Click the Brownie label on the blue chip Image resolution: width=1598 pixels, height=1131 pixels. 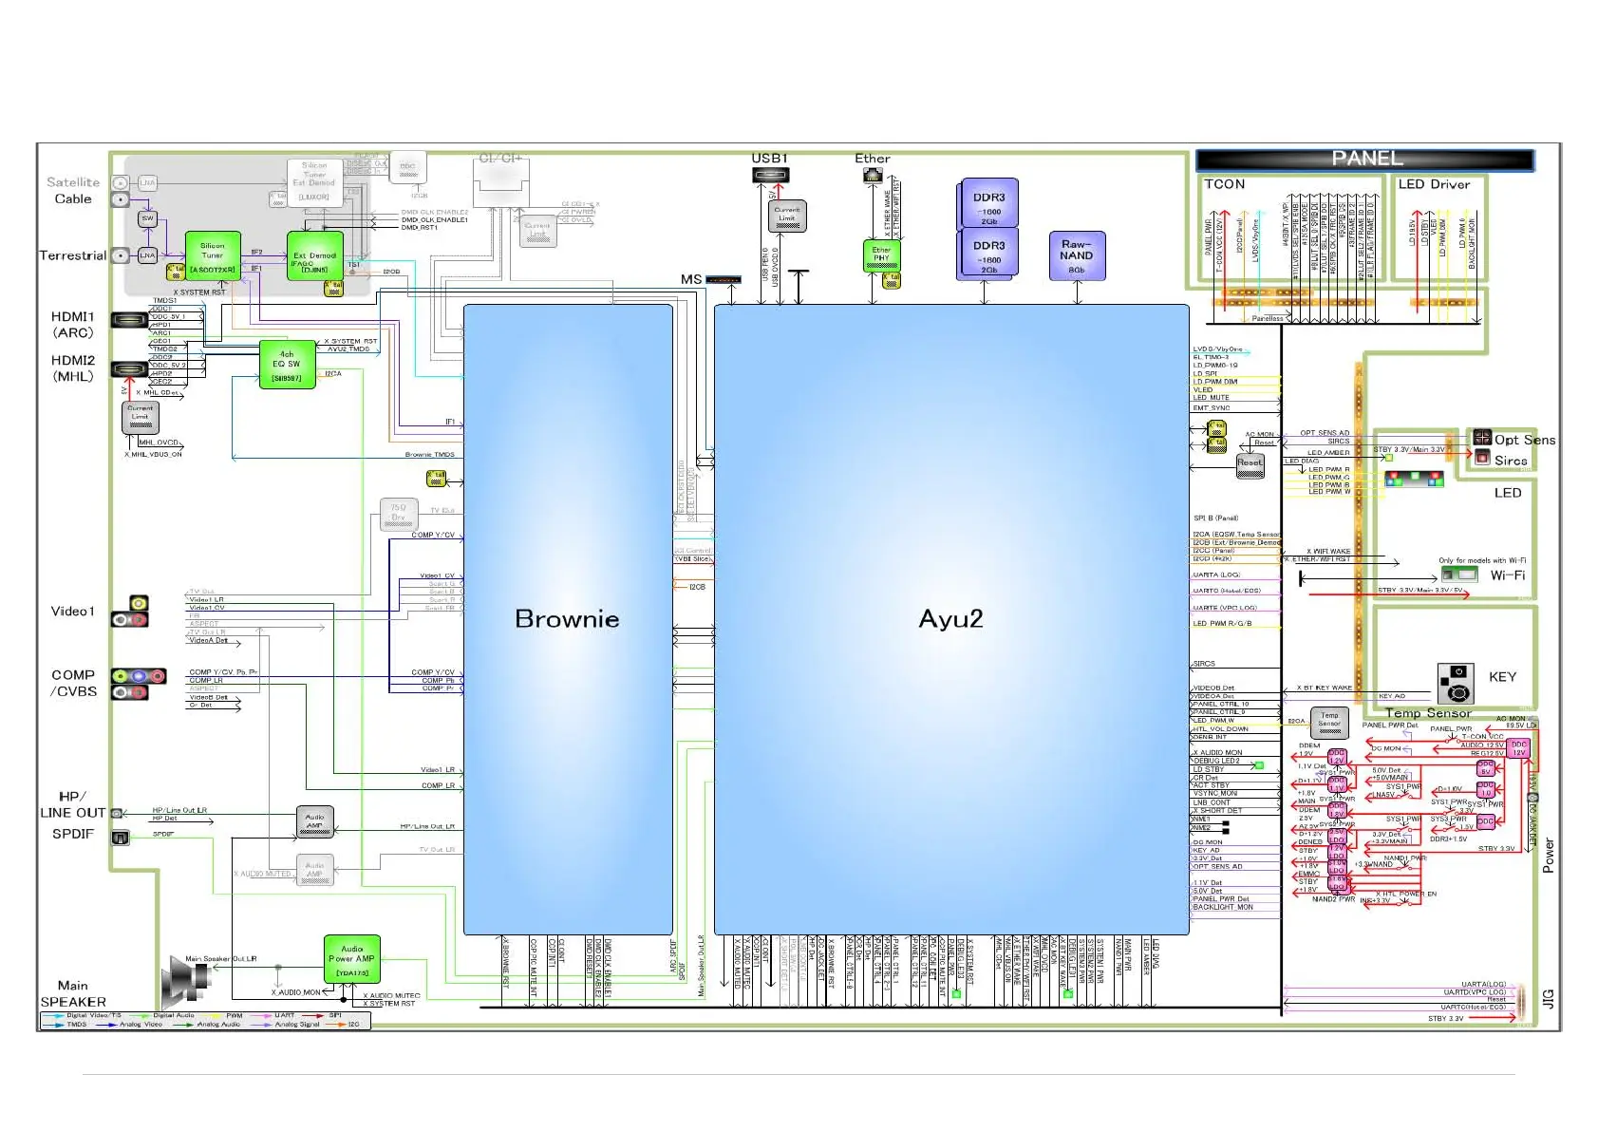567,619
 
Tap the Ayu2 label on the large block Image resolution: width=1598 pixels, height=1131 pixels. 950,619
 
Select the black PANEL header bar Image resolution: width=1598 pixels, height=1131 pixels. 1364,159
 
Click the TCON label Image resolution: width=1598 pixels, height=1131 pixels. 1224,184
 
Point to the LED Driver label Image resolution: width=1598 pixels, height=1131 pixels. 1434,184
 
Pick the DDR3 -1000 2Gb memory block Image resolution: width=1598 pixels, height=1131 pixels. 989,203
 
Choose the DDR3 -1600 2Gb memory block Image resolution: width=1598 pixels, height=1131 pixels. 989,253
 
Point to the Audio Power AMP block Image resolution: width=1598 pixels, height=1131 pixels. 352,959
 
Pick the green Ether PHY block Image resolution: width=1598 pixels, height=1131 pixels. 881,255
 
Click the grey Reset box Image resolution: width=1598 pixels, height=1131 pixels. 1250,464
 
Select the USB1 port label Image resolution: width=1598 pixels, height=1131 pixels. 769,159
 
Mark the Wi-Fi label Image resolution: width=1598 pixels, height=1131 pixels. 1507,575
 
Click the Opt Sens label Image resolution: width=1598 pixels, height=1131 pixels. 1524,440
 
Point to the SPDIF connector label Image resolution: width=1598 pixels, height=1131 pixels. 73,834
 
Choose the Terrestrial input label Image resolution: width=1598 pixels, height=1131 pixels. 72,255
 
